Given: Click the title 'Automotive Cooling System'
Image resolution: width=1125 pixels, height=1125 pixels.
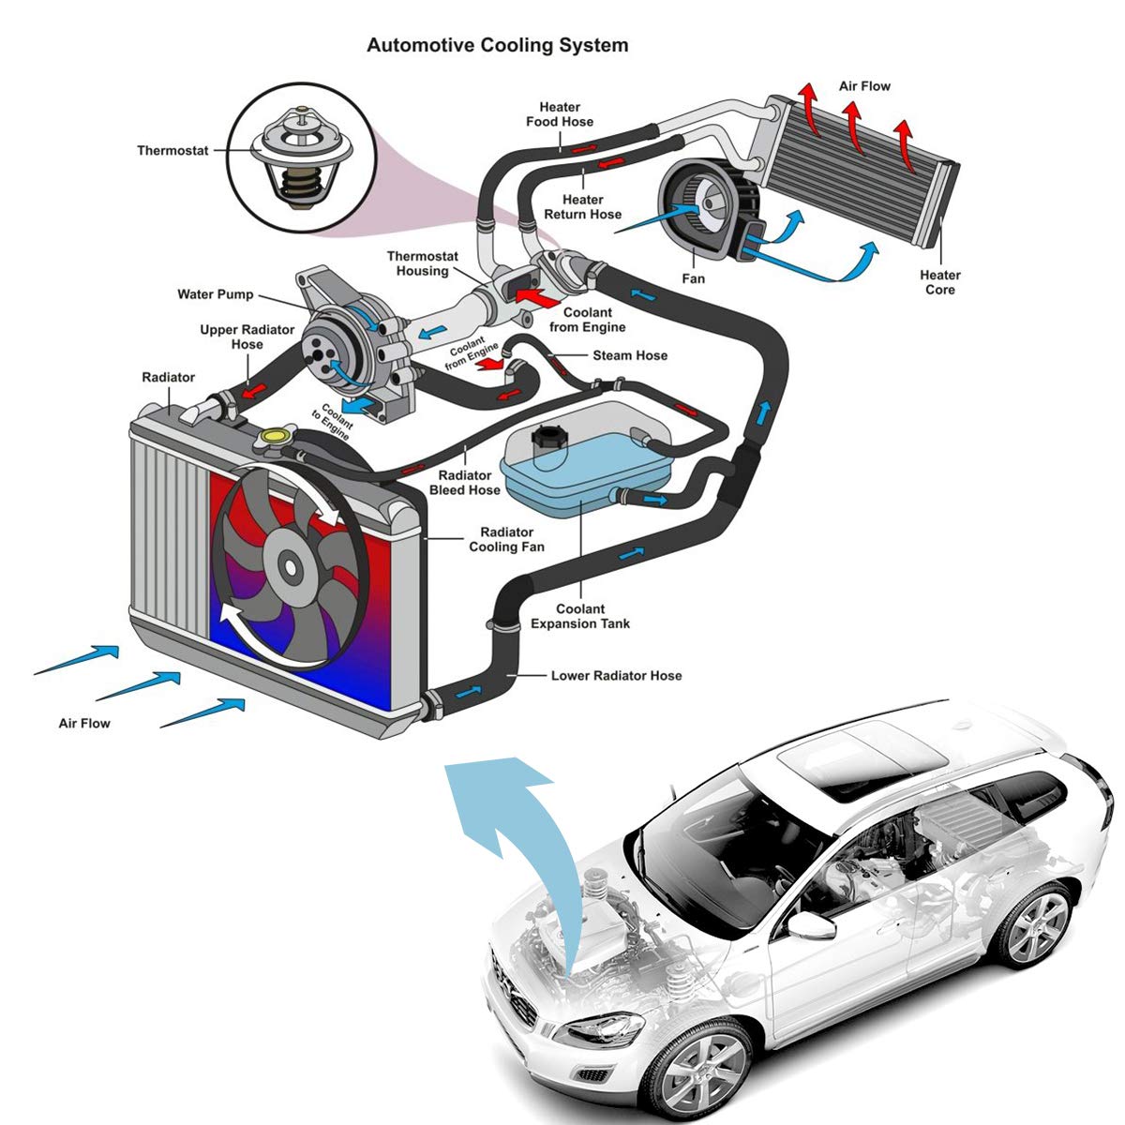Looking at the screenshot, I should [x=497, y=45].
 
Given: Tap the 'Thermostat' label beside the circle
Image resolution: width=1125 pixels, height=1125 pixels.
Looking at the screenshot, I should [x=172, y=150].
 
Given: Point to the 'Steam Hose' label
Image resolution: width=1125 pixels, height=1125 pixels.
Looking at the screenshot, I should [x=630, y=355].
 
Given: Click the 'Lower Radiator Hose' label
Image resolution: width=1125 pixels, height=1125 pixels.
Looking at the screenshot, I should [x=616, y=675].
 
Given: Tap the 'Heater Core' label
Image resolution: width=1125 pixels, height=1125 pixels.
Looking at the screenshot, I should [x=939, y=282].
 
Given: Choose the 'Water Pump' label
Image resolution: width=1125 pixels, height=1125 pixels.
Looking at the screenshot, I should [x=215, y=294].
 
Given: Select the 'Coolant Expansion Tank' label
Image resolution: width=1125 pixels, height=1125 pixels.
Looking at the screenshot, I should [x=580, y=616].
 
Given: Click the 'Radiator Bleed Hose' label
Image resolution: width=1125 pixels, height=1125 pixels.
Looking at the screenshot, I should [x=465, y=482].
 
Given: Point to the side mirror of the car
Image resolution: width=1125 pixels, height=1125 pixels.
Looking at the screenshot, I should [x=810, y=926].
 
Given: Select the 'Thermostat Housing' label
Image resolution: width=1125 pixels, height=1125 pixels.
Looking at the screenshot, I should [x=423, y=263].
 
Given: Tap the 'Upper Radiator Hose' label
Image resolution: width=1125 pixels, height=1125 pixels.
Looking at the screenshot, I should [x=247, y=337].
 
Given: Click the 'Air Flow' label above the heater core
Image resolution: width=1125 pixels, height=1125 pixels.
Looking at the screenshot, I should [x=864, y=86].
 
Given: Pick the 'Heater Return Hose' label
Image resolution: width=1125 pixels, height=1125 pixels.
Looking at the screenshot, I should [x=582, y=206].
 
